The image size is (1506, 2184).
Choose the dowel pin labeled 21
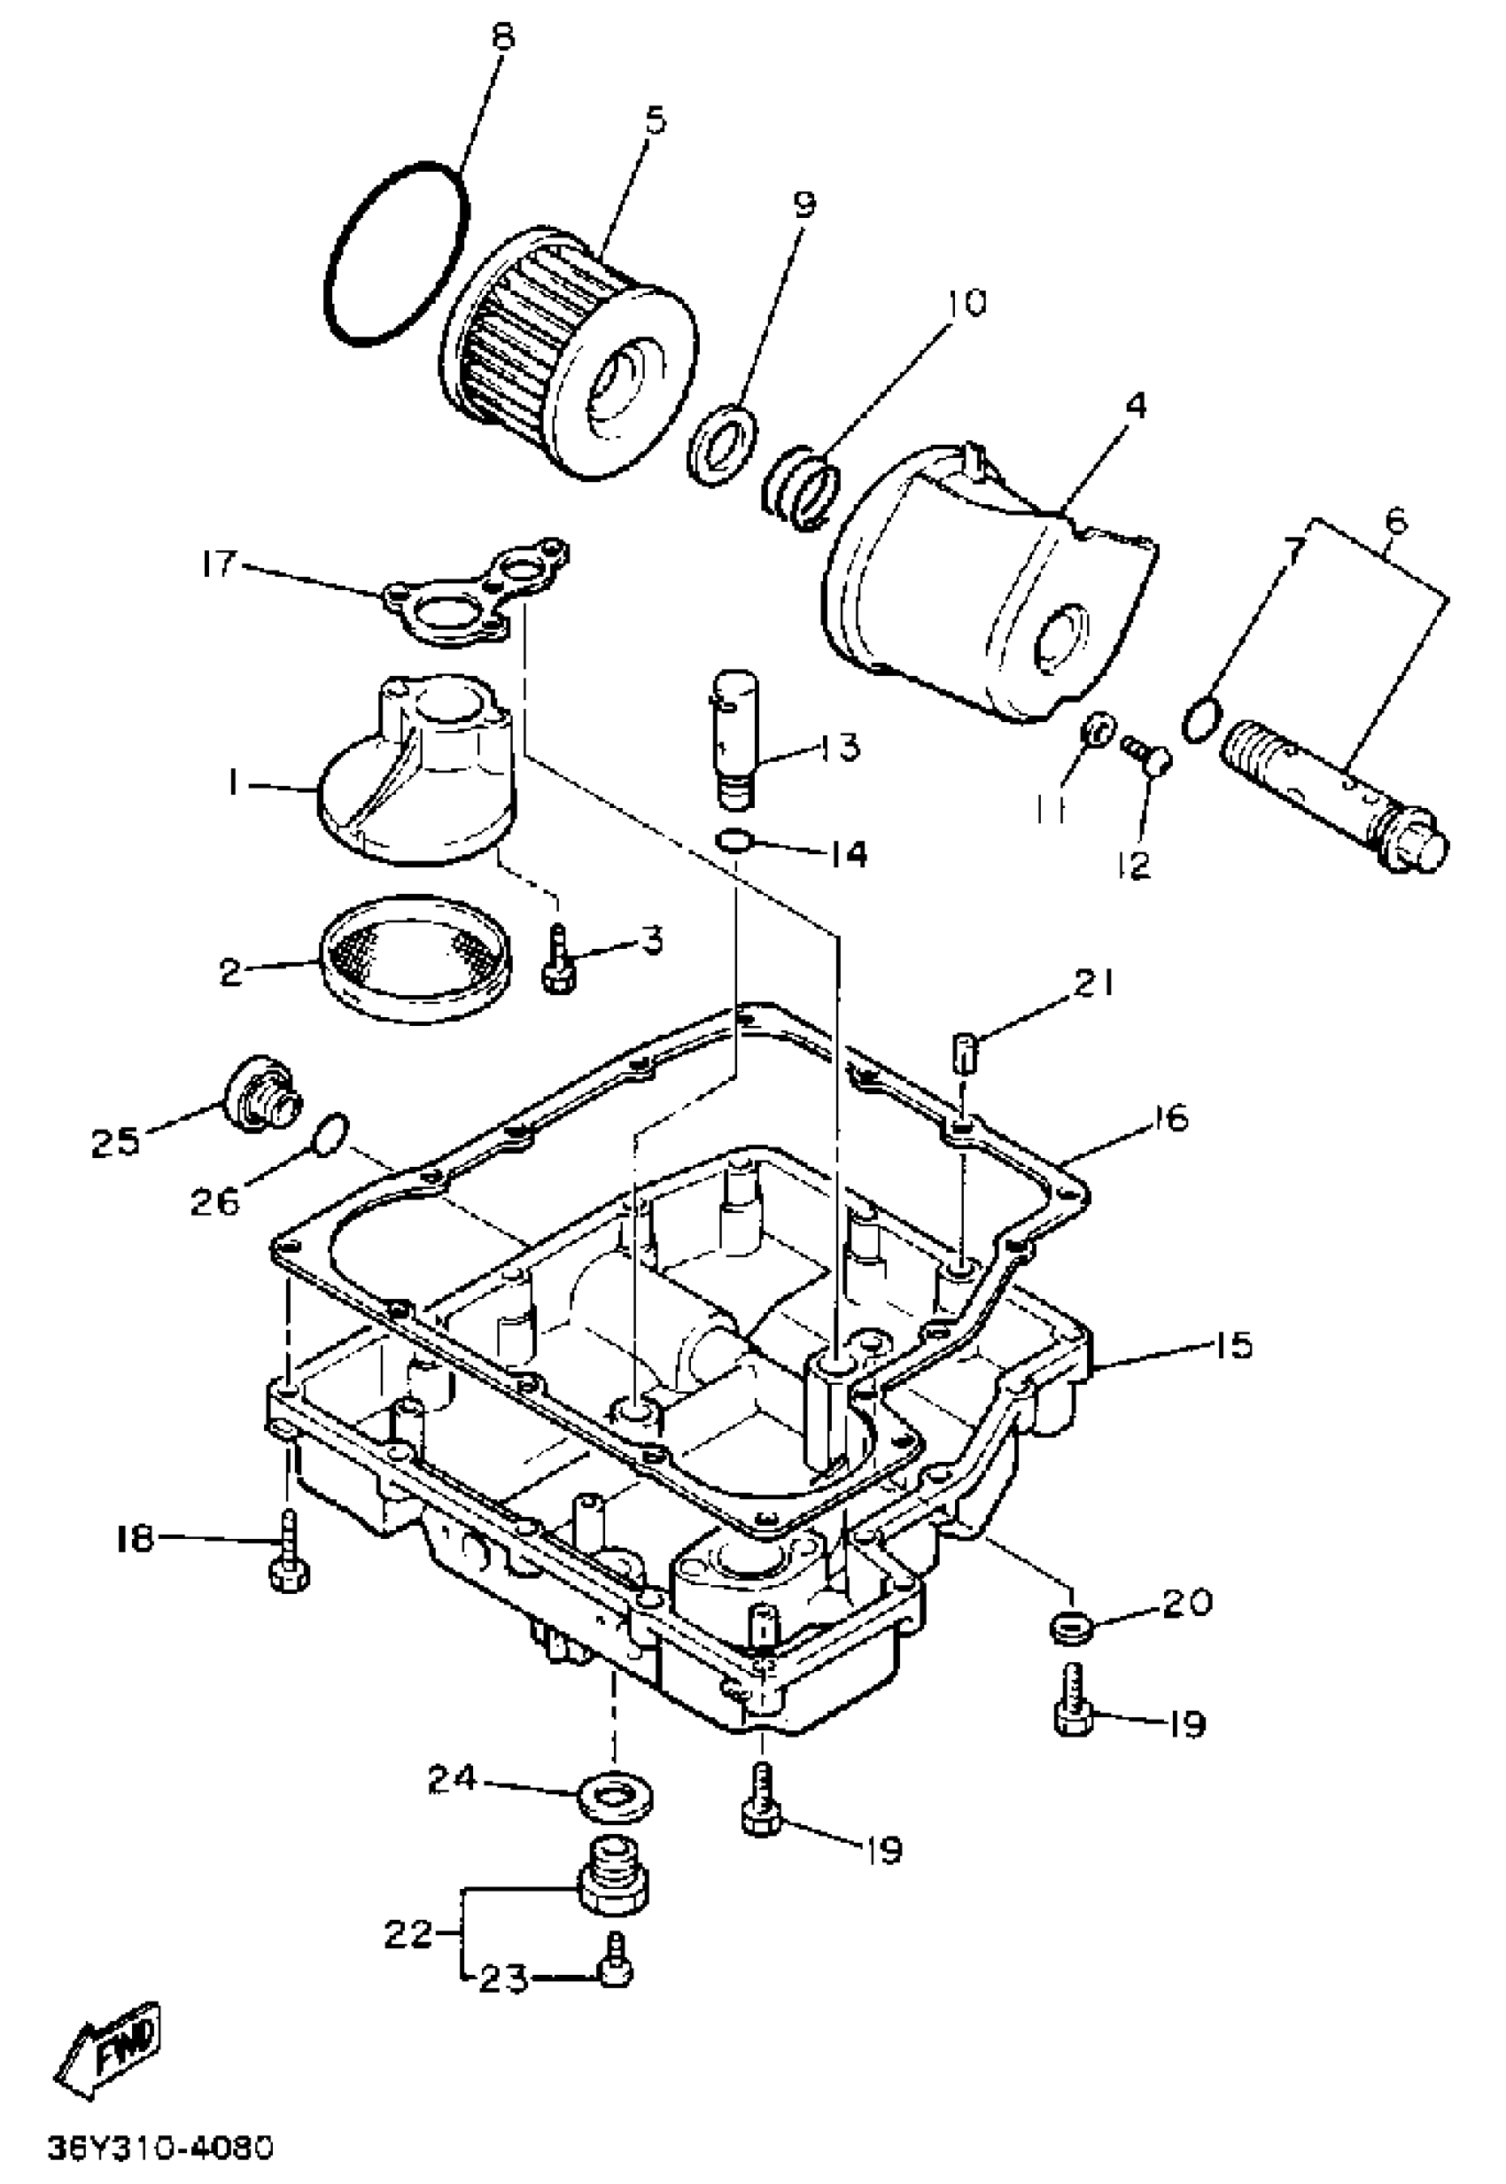962,1052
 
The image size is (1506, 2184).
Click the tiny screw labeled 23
615,1970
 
